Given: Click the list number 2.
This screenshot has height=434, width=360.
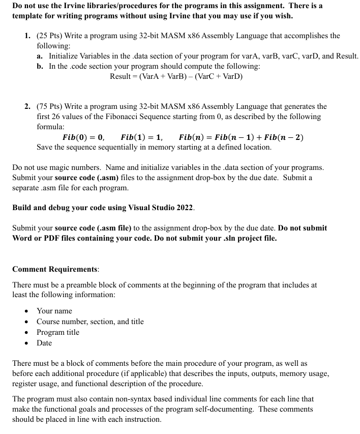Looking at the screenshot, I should pos(27,106).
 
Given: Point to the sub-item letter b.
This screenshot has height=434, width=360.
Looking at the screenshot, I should pos(40,66).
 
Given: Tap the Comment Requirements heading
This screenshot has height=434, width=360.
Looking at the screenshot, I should pos(55,269).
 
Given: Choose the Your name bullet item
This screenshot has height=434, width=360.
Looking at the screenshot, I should pos(54,311).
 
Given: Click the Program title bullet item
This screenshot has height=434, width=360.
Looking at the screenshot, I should pos(58,332).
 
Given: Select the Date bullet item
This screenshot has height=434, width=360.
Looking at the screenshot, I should pos(44,343).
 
